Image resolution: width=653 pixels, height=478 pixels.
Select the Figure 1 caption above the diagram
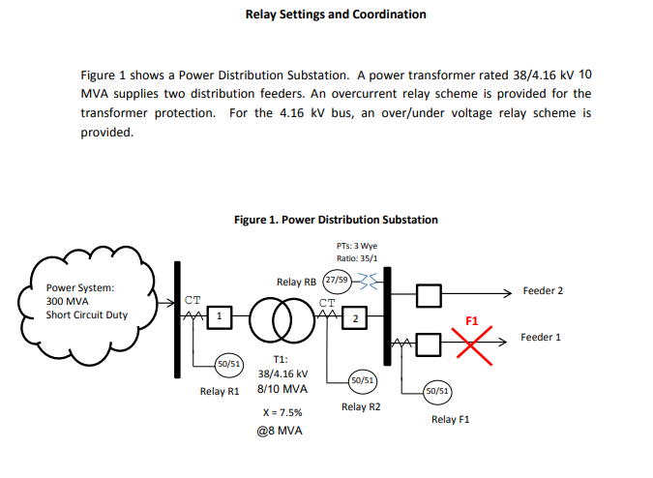336,220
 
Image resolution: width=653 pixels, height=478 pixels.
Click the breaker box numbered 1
219,316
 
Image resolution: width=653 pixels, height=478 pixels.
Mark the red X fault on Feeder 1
473,342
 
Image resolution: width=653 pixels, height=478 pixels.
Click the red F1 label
472,319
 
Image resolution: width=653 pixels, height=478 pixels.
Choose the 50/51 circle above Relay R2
362,381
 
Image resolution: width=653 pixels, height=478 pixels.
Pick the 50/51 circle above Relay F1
436,391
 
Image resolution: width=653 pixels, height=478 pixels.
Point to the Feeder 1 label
541,338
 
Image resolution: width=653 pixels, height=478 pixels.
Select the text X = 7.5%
282,411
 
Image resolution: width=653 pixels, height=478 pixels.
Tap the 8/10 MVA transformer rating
282,389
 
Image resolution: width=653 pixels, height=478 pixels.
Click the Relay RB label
296,282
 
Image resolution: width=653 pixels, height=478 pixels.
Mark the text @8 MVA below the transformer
282,431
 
